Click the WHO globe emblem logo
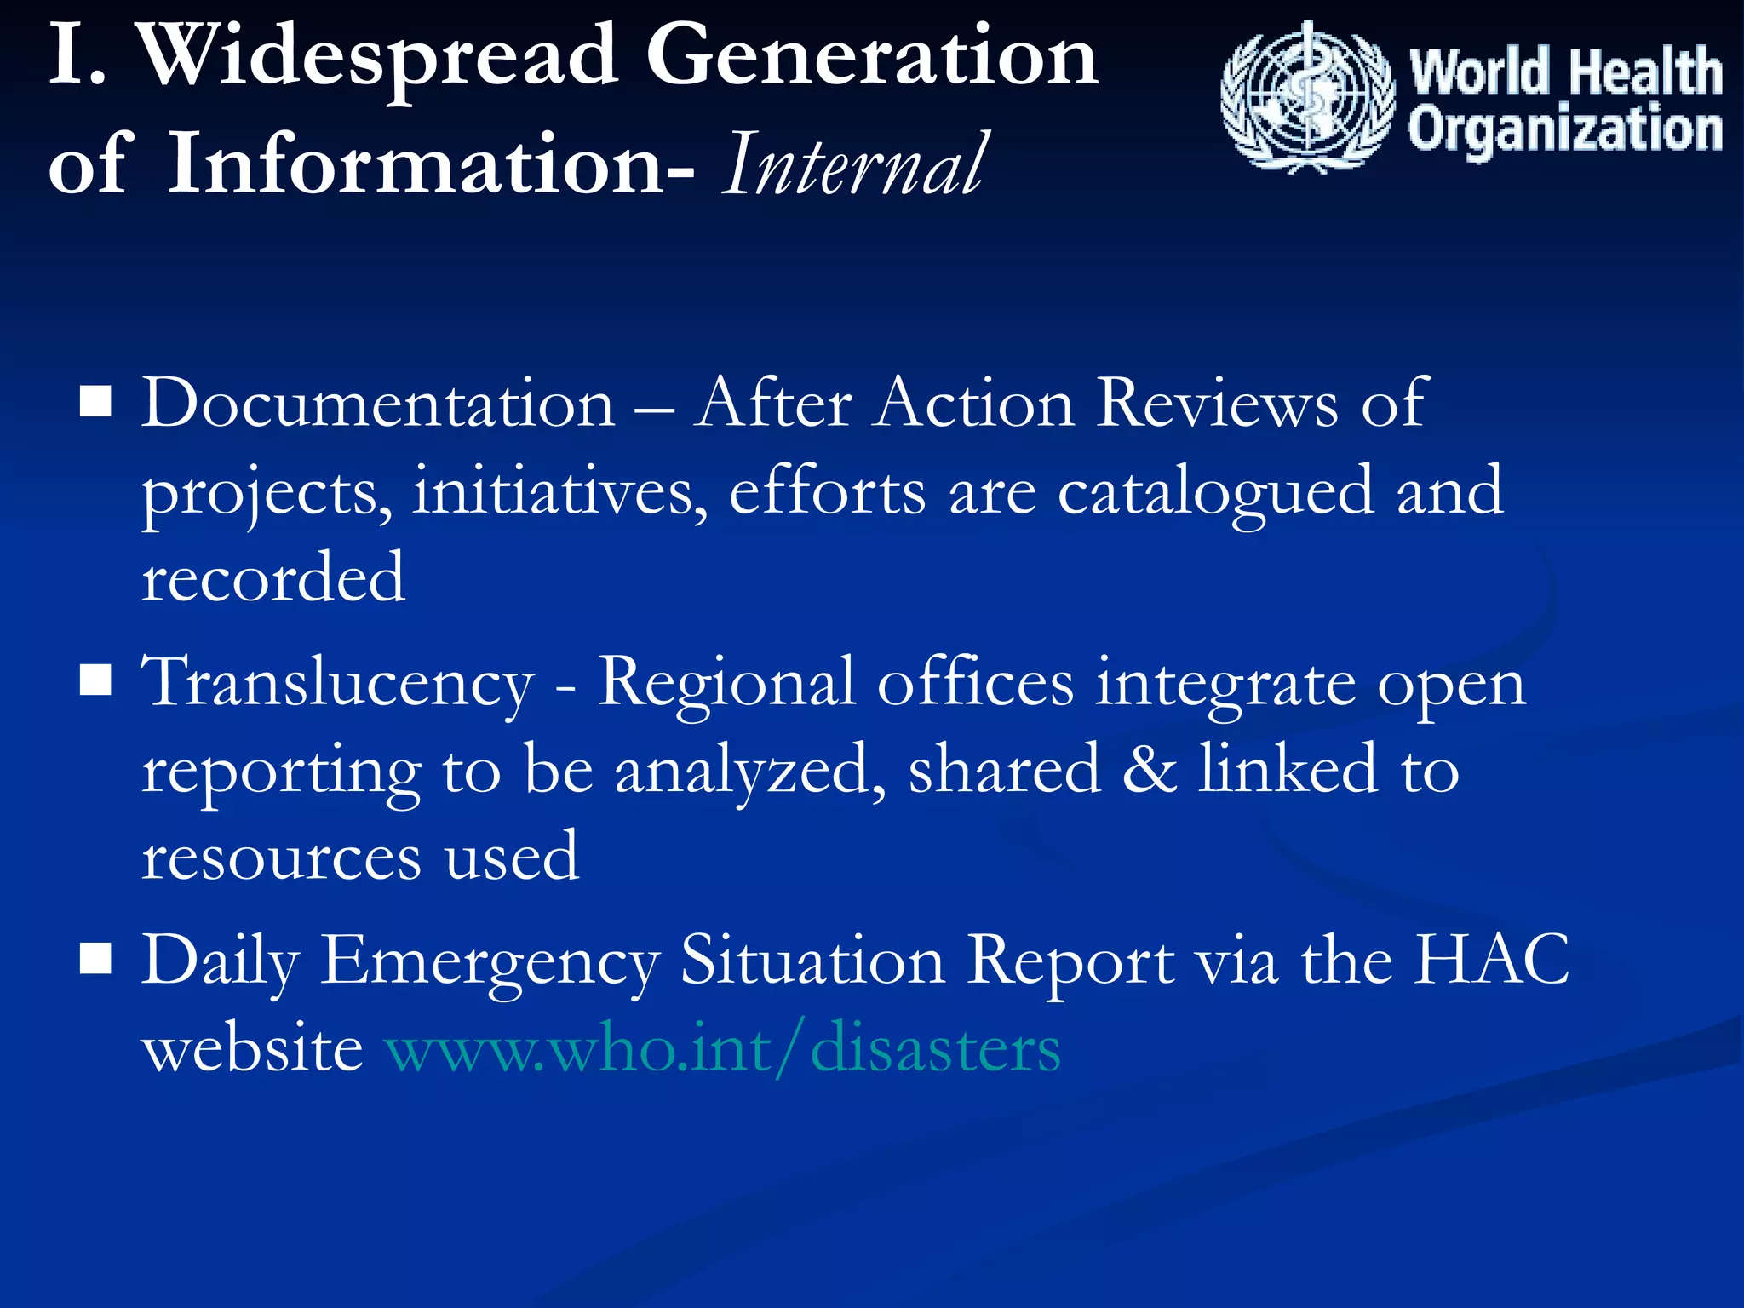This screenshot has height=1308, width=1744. pyautogui.click(x=1307, y=98)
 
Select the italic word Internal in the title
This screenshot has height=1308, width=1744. pyautogui.click(x=855, y=164)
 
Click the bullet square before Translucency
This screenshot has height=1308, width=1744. pyautogui.click(x=95, y=680)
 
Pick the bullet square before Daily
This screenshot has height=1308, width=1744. pyautogui.click(x=95, y=958)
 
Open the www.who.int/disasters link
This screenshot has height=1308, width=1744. pyautogui.click(x=723, y=1047)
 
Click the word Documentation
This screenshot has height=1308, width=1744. pyautogui.click(x=378, y=403)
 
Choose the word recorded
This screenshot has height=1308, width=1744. pyautogui.click(x=273, y=577)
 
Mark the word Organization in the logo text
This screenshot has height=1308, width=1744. pyautogui.click(x=1565, y=129)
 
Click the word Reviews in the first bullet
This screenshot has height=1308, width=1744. pyautogui.click(x=1218, y=403)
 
